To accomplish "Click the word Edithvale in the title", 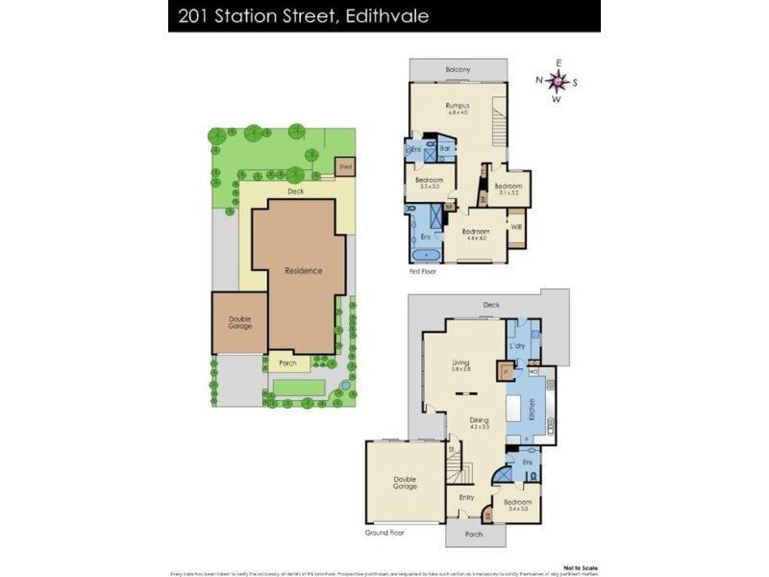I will click(x=382, y=16).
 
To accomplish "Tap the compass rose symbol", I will click(x=557, y=82).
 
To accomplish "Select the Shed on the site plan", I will click(x=345, y=167).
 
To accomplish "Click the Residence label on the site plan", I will click(x=303, y=271).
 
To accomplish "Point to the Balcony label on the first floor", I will click(x=458, y=70).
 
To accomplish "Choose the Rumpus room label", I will click(x=457, y=105).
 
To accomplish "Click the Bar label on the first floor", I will click(x=445, y=149).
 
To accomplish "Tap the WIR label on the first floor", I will click(x=517, y=227).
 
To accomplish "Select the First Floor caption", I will click(x=425, y=272).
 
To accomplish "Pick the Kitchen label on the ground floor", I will click(x=532, y=408).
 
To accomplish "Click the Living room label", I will click(x=461, y=362).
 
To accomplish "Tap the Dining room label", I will click(x=479, y=420).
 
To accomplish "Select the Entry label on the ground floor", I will click(x=466, y=497).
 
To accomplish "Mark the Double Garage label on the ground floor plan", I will click(x=405, y=483).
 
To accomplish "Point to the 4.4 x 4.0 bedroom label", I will click(x=477, y=235).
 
